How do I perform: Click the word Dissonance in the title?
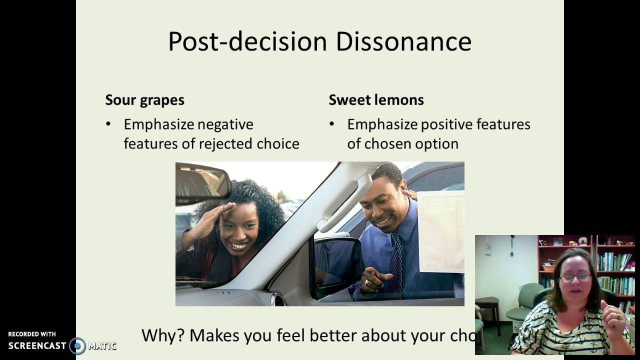403,41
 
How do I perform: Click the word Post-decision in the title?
248,41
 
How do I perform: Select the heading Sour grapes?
144,100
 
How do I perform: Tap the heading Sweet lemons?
376,100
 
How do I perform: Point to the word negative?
225,124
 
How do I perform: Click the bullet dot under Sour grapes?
108,124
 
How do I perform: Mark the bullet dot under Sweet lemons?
332,124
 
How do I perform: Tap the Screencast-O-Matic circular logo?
77,345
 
